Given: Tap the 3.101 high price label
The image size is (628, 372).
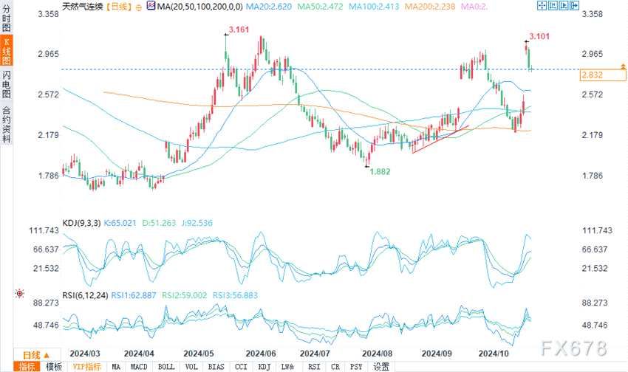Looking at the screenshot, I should coord(540,35).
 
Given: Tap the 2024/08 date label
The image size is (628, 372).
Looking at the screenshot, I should coord(377,354).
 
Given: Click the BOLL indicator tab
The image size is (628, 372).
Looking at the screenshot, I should coord(166,366).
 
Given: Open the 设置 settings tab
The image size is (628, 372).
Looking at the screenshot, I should coord(381,366).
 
